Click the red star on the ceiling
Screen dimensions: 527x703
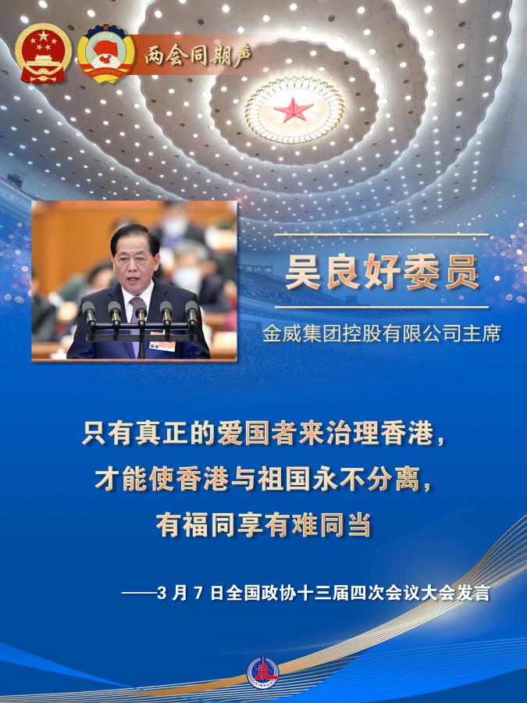pos(294,109)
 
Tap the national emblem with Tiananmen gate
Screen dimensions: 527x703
pos(43,53)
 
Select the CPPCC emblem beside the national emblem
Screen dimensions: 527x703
pos(105,53)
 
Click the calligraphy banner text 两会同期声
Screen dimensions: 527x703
pos(198,55)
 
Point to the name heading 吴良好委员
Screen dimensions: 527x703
pos(383,272)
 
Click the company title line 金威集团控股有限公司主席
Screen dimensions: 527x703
pos(381,334)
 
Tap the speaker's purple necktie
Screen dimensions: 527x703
pos(135,325)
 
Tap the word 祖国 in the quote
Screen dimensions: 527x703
pos(283,479)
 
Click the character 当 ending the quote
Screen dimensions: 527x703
pos(358,525)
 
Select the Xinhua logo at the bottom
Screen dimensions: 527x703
pos(263,672)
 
